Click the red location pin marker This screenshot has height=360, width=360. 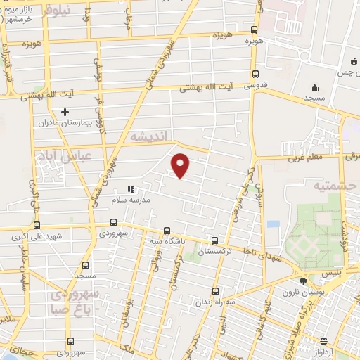181,165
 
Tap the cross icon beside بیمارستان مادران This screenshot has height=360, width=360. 65,112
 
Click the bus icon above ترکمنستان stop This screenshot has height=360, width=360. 214,240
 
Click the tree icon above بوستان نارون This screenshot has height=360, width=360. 303,281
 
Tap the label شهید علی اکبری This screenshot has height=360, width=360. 37,237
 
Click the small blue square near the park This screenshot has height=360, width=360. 274,224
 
